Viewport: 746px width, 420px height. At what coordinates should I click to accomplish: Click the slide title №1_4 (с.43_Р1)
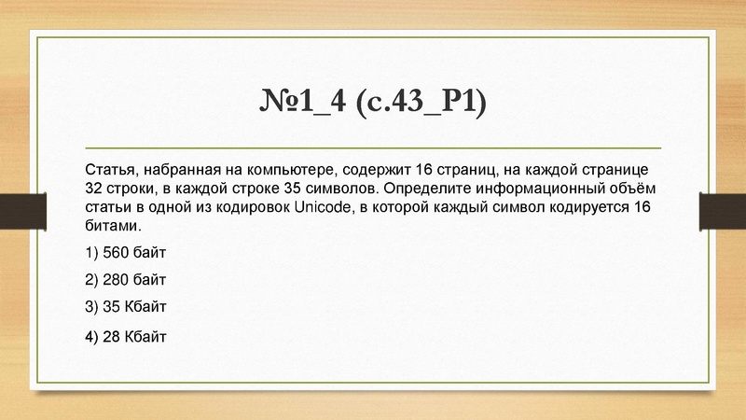[373, 100]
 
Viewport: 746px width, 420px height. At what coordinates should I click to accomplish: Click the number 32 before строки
[94, 188]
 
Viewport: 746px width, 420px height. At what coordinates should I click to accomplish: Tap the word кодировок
[253, 206]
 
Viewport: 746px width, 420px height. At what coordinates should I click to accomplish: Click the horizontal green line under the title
[373, 148]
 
